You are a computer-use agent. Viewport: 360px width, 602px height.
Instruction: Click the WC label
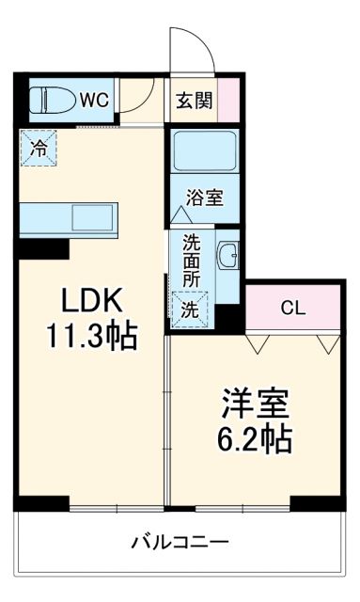pyautogui.click(x=91, y=98)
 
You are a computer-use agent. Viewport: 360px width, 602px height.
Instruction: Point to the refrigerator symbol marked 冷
pyautogui.click(x=39, y=148)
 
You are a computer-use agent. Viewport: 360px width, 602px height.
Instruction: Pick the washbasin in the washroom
pyautogui.click(x=228, y=255)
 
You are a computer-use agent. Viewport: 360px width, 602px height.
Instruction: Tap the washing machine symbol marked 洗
pyautogui.click(x=189, y=308)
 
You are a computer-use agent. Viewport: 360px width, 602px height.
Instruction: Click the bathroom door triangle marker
pyautogui.click(x=179, y=214)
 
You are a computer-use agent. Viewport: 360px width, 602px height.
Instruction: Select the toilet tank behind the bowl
pyautogui.click(x=35, y=98)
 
